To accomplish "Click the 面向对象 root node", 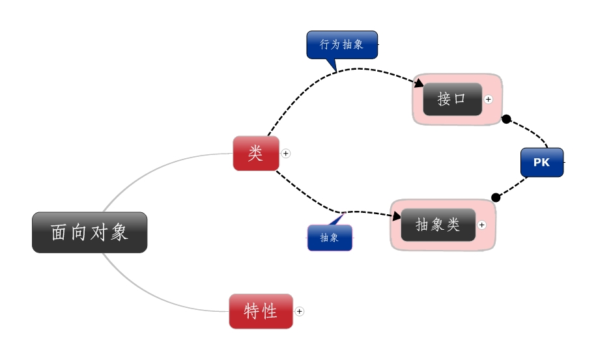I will point(89,232).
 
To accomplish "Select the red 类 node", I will point(256,154).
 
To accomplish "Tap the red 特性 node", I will point(261,311).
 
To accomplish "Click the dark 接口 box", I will point(452,100).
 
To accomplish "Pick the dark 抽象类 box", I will point(438,225).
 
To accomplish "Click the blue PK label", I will point(541,163).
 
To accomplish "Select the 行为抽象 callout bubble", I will point(342,44).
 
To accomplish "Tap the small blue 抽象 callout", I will point(330,238).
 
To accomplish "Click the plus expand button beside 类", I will point(286,154).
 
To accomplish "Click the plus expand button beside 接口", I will point(489,100).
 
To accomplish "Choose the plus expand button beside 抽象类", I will point(481,225).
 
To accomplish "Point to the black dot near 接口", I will point(506,119).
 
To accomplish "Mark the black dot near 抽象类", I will point(496,197).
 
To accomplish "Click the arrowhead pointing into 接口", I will point(419,83).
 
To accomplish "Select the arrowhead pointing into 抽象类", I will point(395,215).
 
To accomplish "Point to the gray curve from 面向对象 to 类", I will point(150,165).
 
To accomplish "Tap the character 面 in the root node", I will point(59,232).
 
